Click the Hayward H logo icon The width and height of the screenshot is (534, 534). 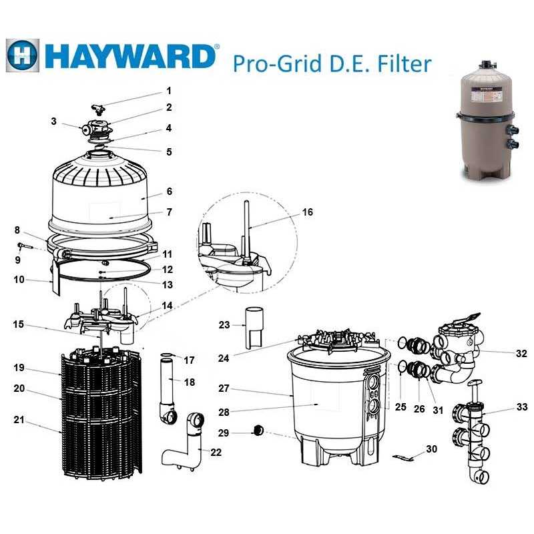click(23, 55)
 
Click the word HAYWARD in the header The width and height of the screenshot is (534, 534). click(130, 55)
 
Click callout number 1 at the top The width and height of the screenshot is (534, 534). click(169, 90)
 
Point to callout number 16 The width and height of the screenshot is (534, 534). click(307, 212)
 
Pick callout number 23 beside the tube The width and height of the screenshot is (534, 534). click(224, 325)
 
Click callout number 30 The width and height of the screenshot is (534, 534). click(432, 449)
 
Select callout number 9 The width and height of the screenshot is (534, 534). click(18, 259)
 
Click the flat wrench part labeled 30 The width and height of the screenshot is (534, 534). click(403, 457)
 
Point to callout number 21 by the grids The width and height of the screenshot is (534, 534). click(19, 420)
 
